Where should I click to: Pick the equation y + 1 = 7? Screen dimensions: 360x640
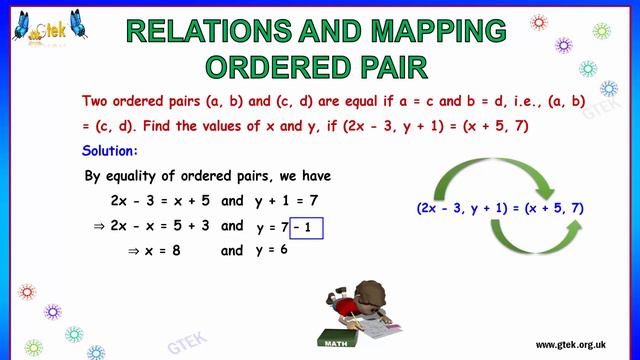(x=285, y=201)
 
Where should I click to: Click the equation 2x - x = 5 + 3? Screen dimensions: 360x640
(x=160, y=226)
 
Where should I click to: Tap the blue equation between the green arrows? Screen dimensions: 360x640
(x=500, y=208)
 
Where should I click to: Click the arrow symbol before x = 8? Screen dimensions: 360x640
(x=133, y=251)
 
